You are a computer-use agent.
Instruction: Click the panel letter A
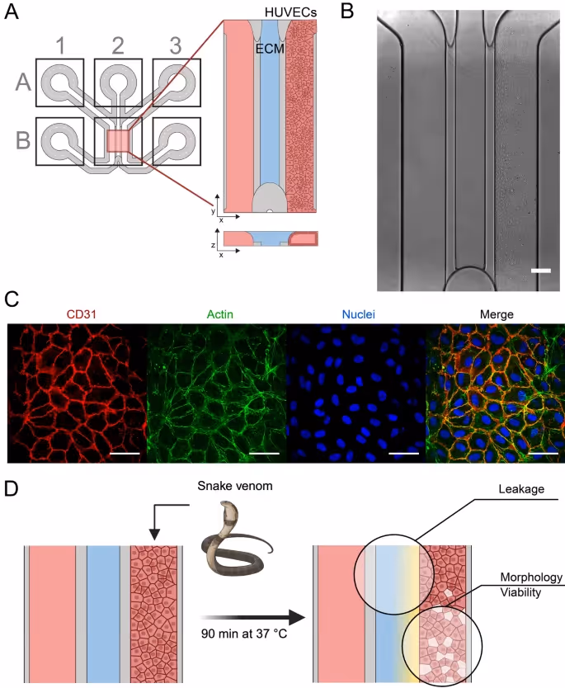coord(14,13)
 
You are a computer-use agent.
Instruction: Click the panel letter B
coord(346,13)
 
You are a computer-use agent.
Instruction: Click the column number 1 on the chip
coord(59,45)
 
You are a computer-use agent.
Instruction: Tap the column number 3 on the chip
coord(176,45)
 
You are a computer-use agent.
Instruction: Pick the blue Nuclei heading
coord(355,313)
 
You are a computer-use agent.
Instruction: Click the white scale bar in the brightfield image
coord(540,270)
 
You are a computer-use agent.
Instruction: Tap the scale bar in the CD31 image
coord(122,453)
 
